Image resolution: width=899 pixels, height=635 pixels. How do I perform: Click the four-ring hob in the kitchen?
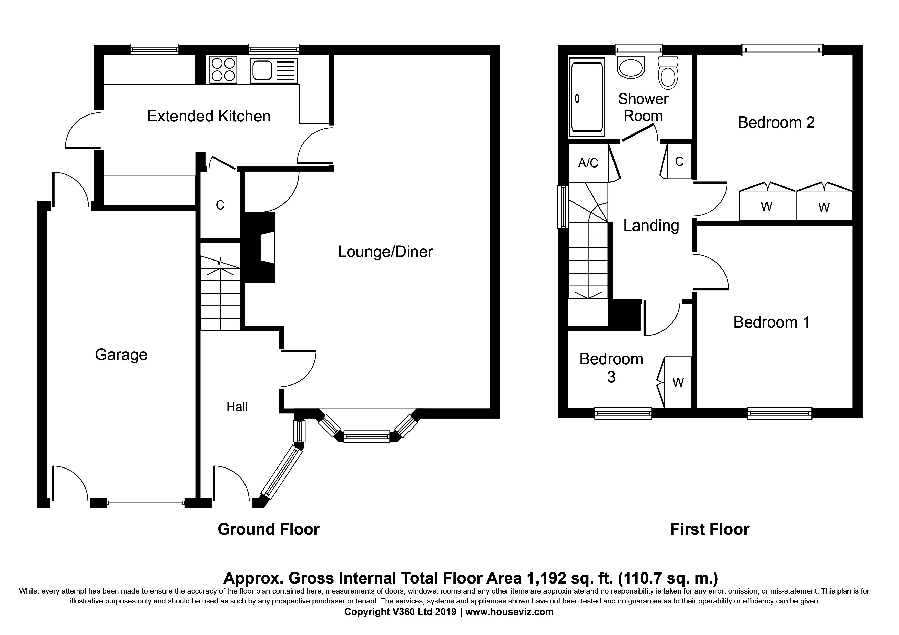pos(223,70)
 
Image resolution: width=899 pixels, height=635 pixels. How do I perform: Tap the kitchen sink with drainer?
pos(274,70)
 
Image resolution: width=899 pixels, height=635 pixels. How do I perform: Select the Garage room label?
pos(121,355)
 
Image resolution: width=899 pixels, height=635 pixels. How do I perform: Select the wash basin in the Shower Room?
pos(631,67)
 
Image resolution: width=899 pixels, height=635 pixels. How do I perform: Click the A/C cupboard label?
pos(588,163)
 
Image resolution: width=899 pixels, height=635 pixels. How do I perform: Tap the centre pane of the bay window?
pos(367,436)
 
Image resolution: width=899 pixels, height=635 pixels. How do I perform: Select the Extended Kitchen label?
pos(209,116)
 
